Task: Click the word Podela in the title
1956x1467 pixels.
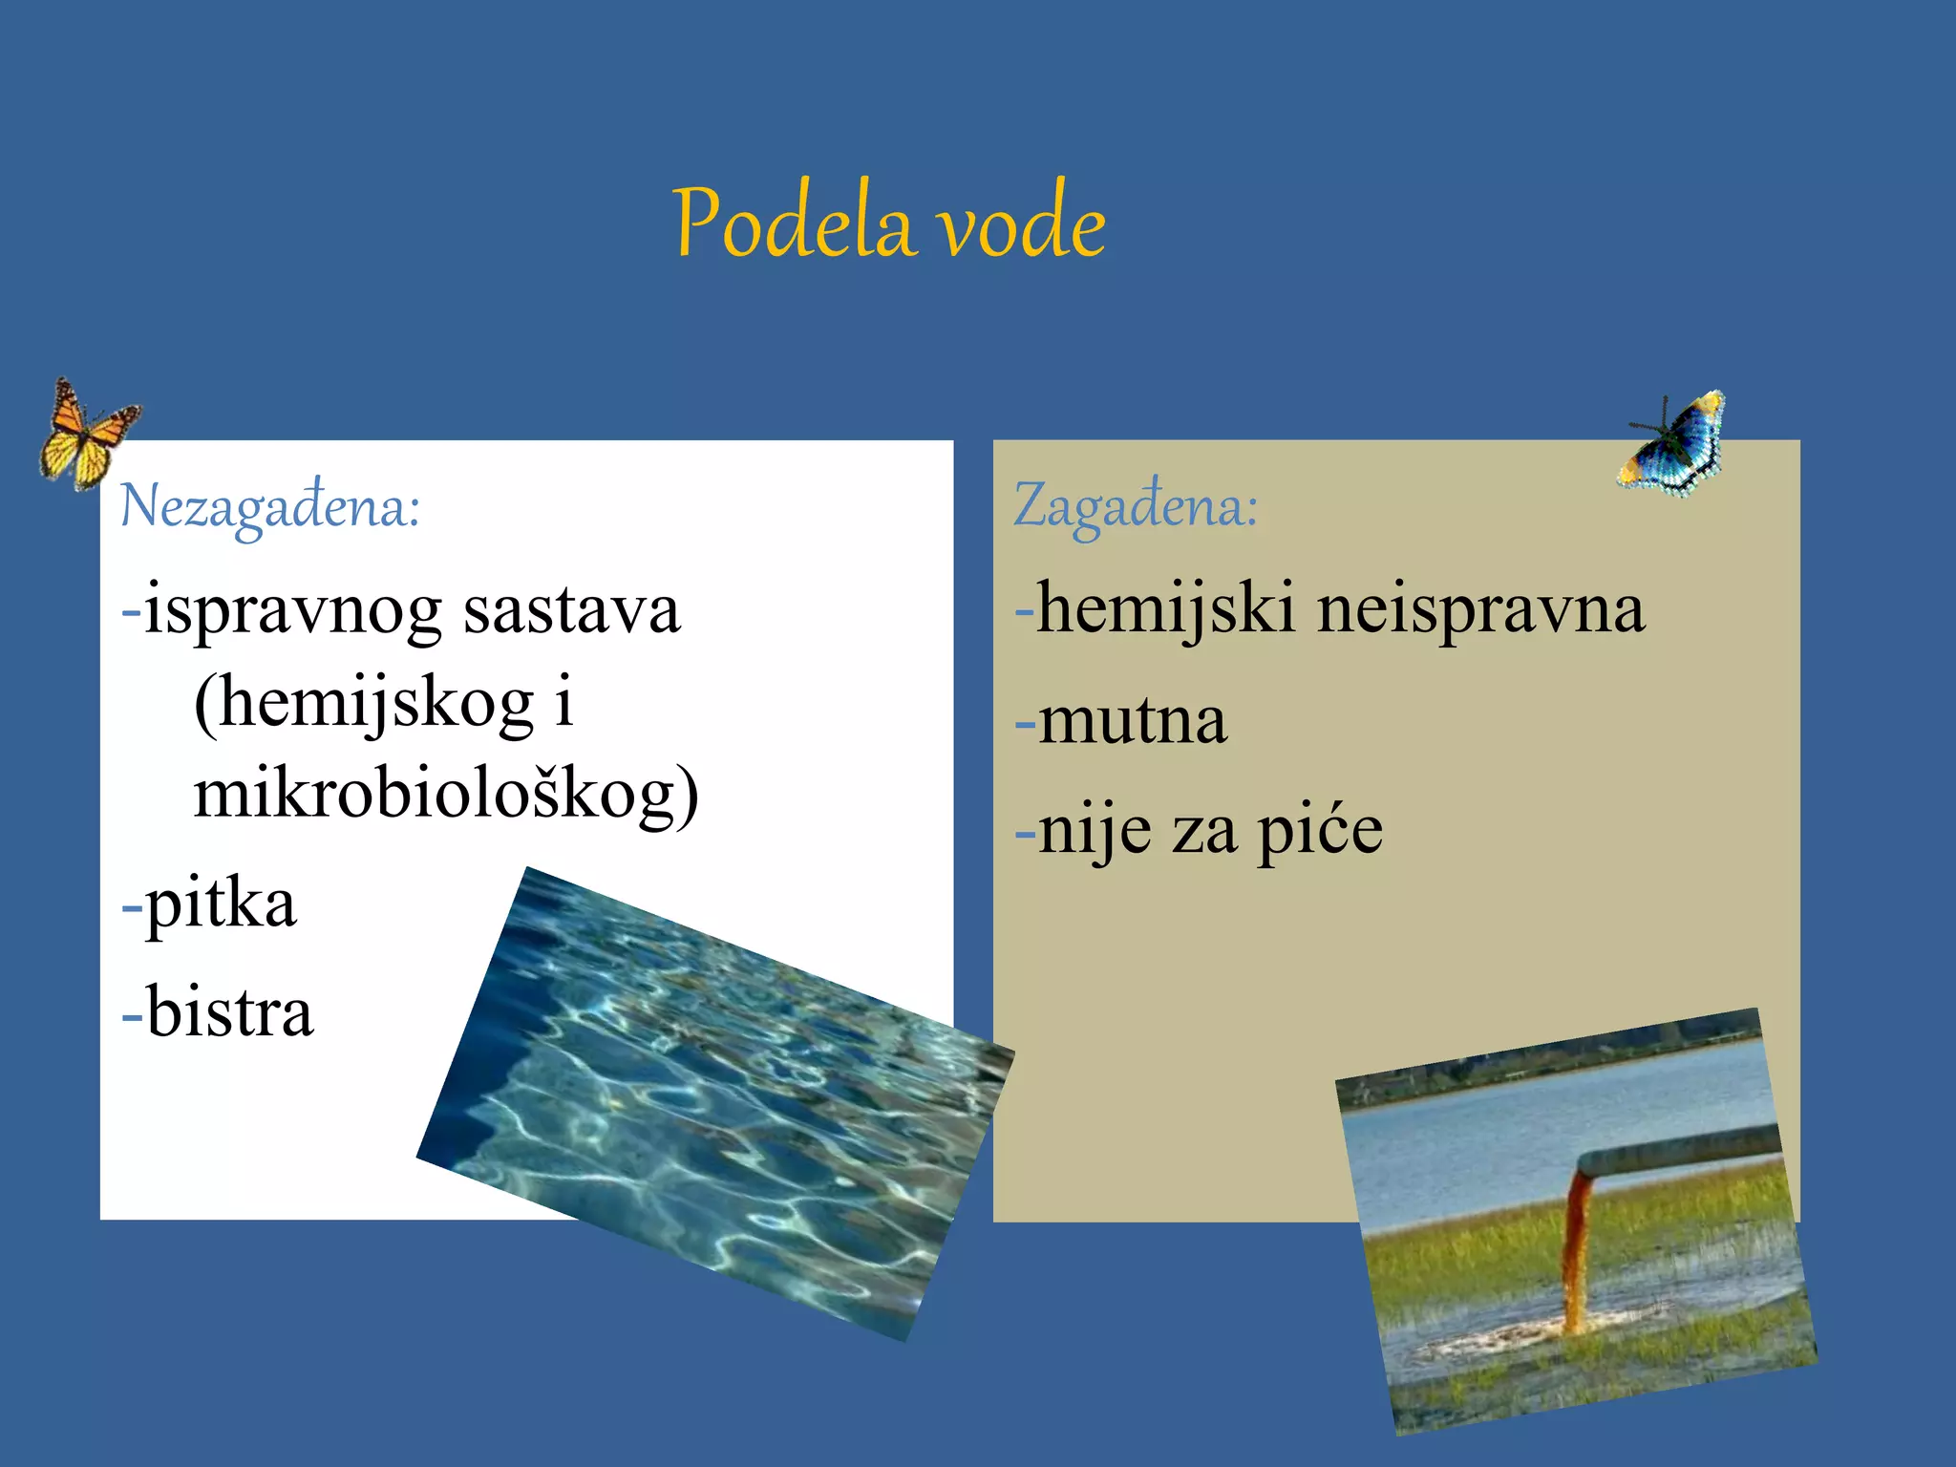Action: point(792,223)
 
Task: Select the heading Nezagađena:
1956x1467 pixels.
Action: point(269,506)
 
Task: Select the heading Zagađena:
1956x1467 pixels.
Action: point(1136,506)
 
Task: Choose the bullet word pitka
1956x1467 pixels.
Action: point(221,904)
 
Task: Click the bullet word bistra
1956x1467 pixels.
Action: point(229,1012)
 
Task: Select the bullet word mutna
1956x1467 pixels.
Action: point(1132,721)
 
